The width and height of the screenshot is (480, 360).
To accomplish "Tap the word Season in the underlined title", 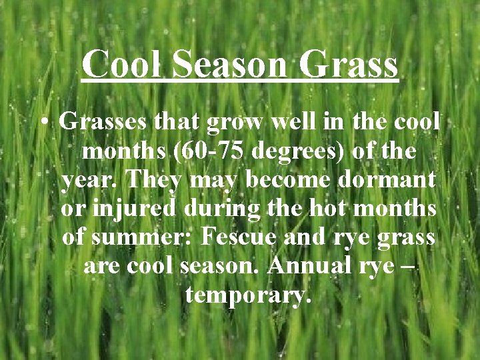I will [229, 65].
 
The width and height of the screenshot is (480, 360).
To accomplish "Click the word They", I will [151, 180].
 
